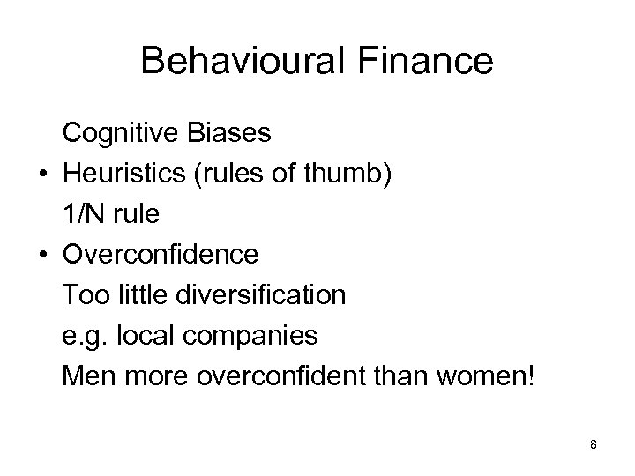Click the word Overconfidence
[161, 255]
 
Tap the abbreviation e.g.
[82, 336]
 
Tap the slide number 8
[594, 444]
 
